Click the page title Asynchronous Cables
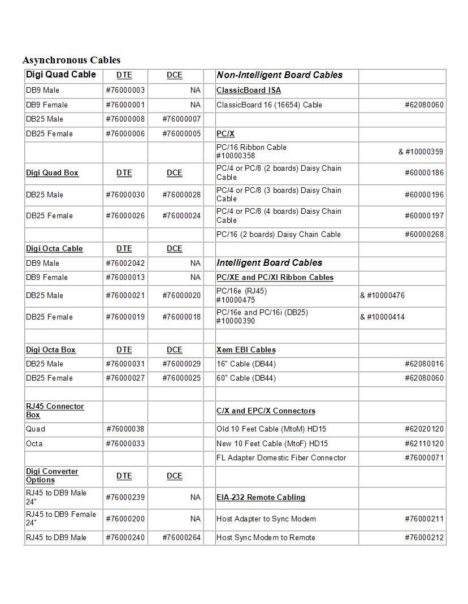tap(71, 60)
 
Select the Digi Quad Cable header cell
tap(61, 75)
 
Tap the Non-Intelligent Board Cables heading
tap(279, 75)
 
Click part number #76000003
tap(125, 90)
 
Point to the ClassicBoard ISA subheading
tap(248, 90)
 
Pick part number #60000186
tap(424, 172)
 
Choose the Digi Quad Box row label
tap(52, 172)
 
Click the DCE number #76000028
tap(181, 195)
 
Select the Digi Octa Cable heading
tap(54, 248)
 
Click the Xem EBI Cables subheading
tap(246, 350)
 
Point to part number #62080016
tap(424, 364)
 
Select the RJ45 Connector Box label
tap(55, 411)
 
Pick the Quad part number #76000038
tap(125, 429)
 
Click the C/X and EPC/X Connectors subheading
tap(266, 411)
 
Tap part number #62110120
tap(424, 443)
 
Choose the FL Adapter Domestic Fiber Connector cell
tap(281, 458)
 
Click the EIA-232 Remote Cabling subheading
tap(261, 497)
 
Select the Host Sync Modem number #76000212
tap(424, 537)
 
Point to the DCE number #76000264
tap(181, 537)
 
